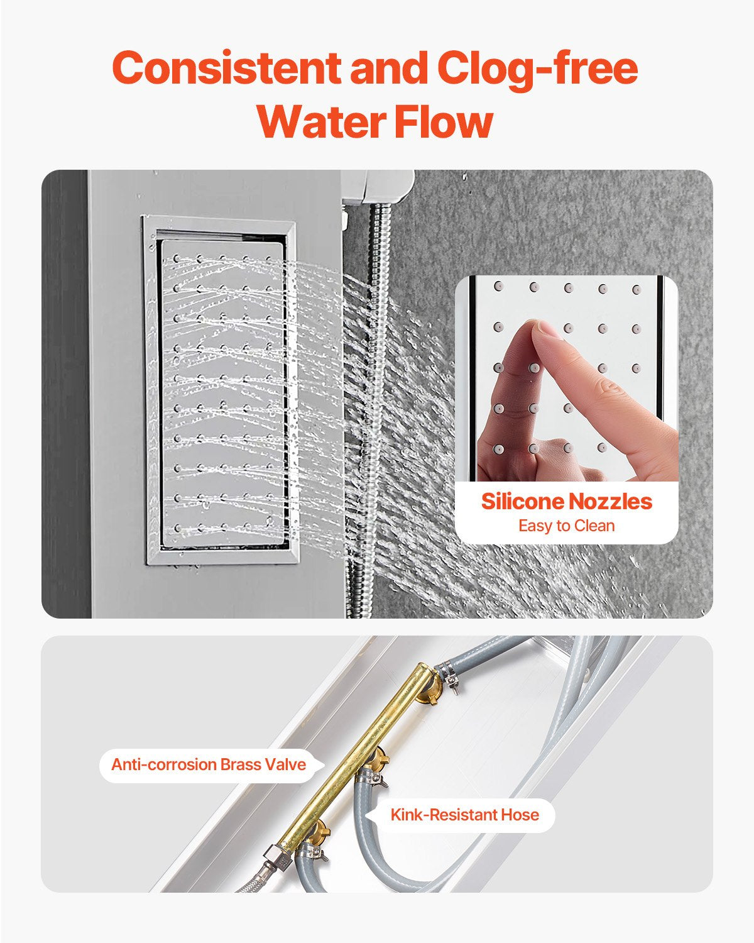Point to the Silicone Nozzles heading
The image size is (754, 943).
[567, 501]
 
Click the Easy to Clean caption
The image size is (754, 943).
[567, 526]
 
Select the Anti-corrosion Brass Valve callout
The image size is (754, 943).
[209, 764]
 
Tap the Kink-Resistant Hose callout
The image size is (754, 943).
[465, 815]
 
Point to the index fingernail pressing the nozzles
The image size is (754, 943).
[548, 329]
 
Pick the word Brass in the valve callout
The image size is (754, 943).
[241, 764]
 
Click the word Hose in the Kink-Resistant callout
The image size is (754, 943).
[520, 815]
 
